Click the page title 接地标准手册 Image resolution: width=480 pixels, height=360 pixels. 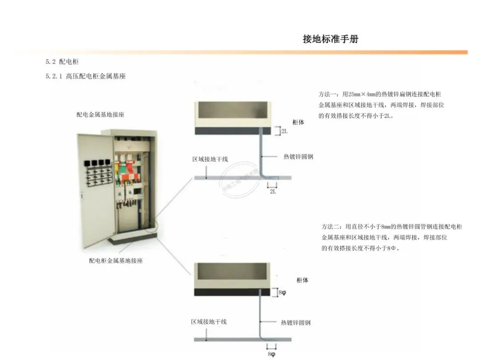click(330, 39)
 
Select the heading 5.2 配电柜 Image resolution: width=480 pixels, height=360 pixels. click(62, 62)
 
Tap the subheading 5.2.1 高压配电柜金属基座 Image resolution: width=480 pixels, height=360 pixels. click(85, 76)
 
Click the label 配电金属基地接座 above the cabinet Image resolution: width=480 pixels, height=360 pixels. click(100, 115)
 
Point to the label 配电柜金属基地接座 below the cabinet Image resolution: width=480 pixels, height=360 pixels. click(116, 261)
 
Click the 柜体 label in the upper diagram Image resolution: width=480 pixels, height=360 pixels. click(298, 122)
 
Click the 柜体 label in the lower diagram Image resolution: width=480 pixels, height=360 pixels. click(302, 280)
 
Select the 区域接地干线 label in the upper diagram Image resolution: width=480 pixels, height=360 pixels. click(210, 159)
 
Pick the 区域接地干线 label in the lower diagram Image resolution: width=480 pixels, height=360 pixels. click(209, 321)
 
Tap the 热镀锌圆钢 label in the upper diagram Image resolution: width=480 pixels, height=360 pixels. click(298, 157)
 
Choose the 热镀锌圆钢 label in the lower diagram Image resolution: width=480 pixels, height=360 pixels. click(296, 323)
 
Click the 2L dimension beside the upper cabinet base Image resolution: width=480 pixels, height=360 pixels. click(284, 132)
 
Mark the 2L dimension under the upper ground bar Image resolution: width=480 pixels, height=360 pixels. click(273, 192)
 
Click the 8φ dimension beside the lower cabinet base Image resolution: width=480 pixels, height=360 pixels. click(282, 293)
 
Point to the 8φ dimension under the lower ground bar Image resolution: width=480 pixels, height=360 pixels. click(272, 354)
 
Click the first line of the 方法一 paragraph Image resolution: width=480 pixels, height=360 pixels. click(380, 95)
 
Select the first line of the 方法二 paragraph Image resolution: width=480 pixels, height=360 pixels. click(392, 227)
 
